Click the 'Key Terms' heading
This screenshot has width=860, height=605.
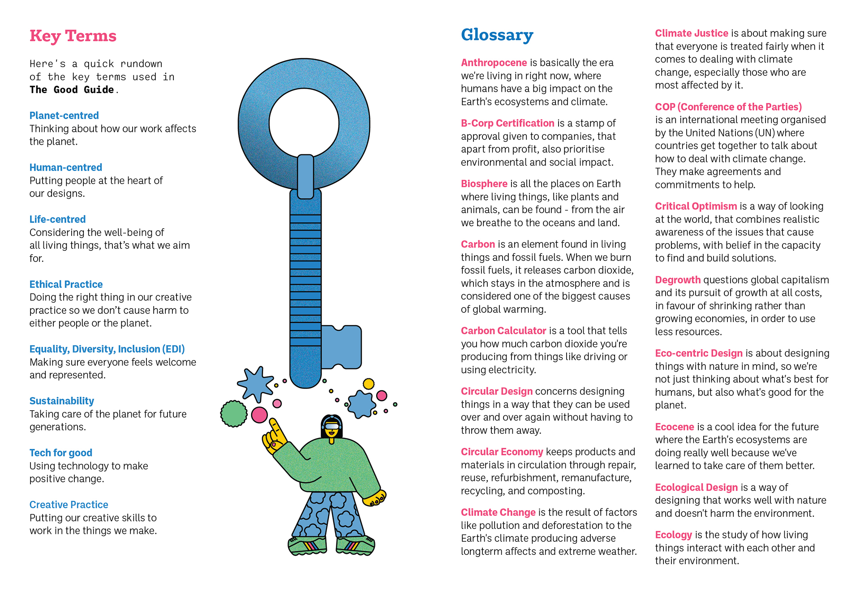click(73, 36)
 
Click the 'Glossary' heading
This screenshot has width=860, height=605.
click(497, 35)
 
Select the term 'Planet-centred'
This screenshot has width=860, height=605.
click(64, 116)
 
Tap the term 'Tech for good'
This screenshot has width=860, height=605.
click(61, 453)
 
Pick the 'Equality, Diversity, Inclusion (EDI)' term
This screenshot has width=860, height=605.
click(107, 349)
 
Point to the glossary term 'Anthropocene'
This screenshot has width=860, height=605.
click(494, 63)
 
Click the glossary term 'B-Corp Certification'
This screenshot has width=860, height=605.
click(507, 123)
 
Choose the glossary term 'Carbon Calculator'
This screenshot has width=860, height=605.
click(503, 330)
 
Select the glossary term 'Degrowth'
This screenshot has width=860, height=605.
click(678, 280)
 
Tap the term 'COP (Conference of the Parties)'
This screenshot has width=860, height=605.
click(728, 107)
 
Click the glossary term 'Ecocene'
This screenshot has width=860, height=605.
click(674, 427)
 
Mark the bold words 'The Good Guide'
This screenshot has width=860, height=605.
click(72, 90)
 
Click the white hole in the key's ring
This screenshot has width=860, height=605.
click(304, 123)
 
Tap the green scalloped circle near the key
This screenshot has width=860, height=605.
click(234, 413)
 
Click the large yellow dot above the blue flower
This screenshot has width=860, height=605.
click(369, 384)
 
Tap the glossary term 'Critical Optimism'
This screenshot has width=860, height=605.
click(696, 206)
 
